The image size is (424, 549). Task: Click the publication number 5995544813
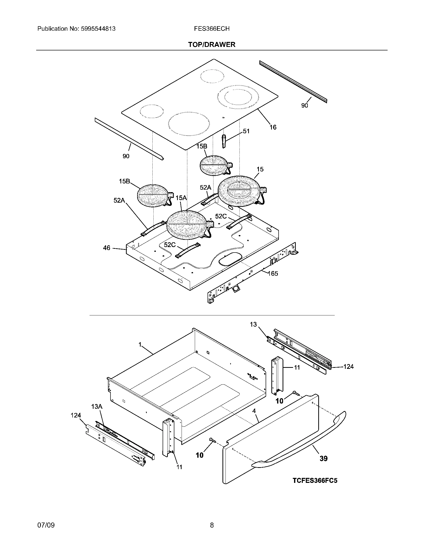(x=98, y=29)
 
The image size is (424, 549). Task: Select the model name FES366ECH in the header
(x=212, y=29)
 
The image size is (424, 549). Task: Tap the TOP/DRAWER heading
(x=212, y=45)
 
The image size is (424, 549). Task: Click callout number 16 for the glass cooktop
(x=273, y=127)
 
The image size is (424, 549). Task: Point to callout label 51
(x=246, y=131)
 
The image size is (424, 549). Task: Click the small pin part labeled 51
(x=224, y=141)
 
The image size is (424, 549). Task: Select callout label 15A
(x=181, y=198)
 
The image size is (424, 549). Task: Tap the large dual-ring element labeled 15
(x=239, y=191)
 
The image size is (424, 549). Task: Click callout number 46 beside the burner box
(x=106, y=248)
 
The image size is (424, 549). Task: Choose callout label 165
(x=273, y=274)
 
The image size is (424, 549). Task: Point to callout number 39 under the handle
(x=323, y=458)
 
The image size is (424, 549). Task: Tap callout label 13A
(x=97, y=407)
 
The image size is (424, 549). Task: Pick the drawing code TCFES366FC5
(x=315, y=481)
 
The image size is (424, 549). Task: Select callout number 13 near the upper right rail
(x=253, y=324)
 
